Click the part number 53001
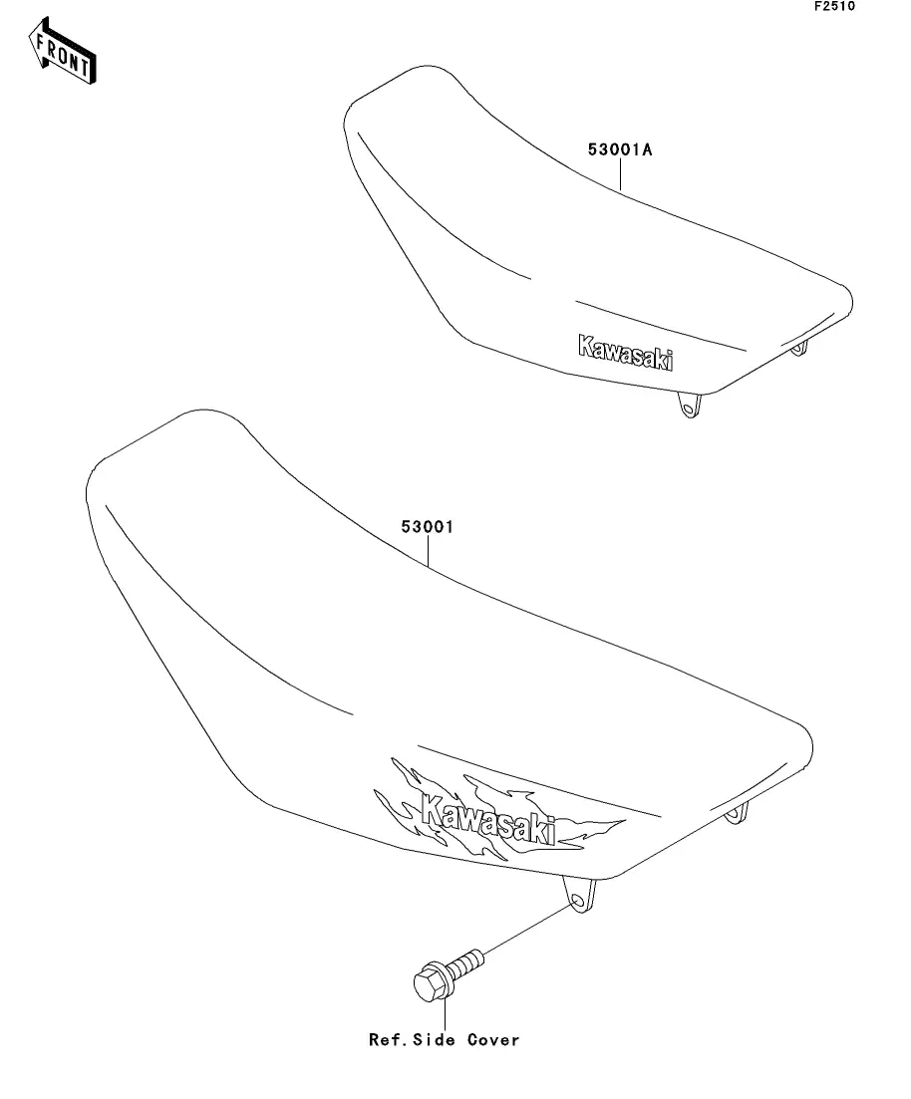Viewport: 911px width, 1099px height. click(428, 527)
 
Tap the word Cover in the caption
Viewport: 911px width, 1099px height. click(494, 1040)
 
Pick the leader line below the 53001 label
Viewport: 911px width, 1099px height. click(428, 552)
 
